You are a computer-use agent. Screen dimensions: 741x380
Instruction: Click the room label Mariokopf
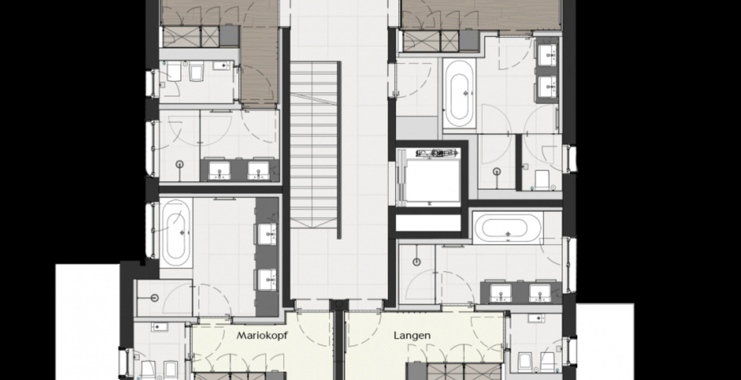(x=262, y=336)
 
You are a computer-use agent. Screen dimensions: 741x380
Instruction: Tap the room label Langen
(x=412, y=336)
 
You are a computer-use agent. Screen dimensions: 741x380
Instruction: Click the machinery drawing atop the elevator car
(x=437, y=153)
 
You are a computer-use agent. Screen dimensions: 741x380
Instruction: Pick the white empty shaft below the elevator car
(x=428, y=222)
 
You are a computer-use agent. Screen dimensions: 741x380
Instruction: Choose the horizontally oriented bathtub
(x=507, y=227)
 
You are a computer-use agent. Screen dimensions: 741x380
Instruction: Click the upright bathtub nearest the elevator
(x=459, y=94)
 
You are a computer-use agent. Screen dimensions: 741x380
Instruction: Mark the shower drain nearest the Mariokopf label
(x=155, y=298)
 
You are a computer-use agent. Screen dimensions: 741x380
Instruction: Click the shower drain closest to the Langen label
(x=416, y=262)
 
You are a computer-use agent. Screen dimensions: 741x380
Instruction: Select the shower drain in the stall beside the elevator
(x=497, y=172)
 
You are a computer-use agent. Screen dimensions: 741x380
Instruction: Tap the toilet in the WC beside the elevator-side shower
(x=541, y=180)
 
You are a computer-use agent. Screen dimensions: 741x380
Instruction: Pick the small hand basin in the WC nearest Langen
(x=536, y=319)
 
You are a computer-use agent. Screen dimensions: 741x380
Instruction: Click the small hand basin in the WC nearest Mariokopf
(x=160, y=327)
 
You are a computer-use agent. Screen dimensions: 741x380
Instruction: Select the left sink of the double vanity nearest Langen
(x=500, y=293)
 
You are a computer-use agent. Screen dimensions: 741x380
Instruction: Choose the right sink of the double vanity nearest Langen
(x=540, y=293)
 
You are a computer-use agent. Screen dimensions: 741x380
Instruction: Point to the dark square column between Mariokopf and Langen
(x=338, y=305)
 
